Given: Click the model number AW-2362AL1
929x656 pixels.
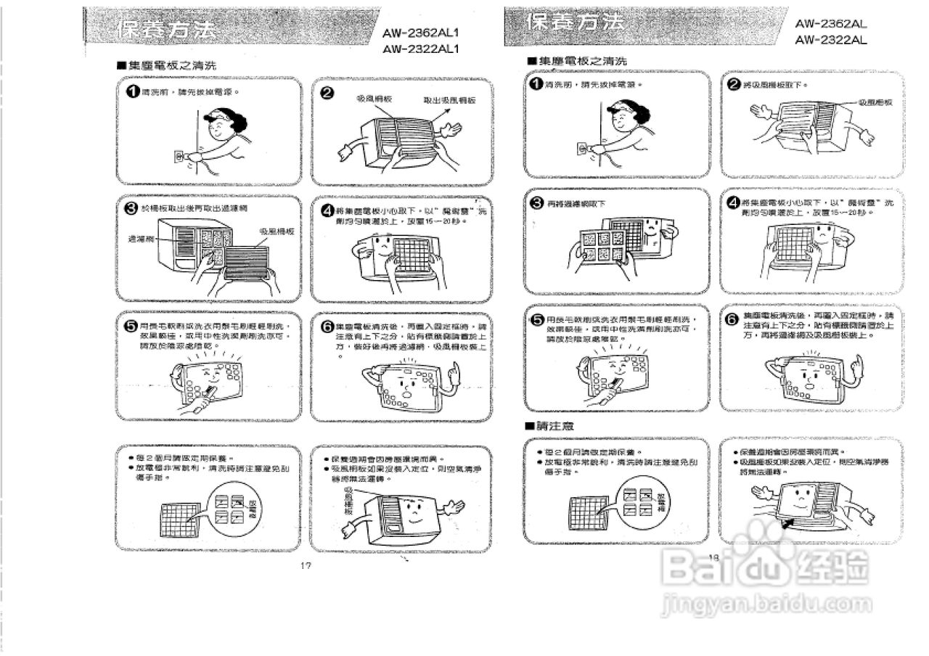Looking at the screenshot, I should pos(421,33).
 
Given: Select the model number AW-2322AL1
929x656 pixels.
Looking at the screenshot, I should pos(421,49).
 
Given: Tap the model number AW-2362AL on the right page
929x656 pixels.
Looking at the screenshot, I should pos(831,23).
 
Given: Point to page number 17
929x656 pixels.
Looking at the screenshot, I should pos(306,565).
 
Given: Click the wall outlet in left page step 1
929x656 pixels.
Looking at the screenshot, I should pos(179,155).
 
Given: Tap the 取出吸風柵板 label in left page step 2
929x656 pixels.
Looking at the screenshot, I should pos(449,100).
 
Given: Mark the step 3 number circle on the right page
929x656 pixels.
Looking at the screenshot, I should pos(536,204).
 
